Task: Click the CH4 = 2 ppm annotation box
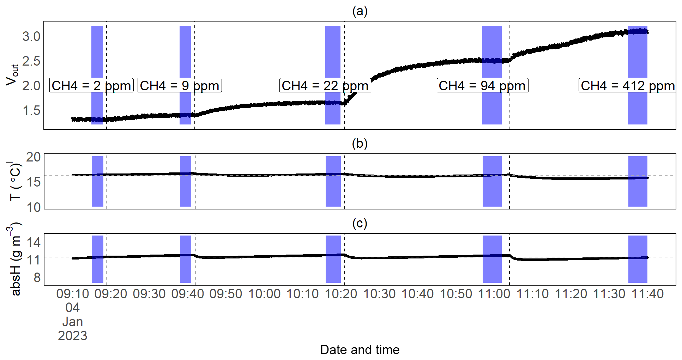click(x=91, y=85)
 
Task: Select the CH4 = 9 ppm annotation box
click(x=180, y=85)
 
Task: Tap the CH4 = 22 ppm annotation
click(x=325, y=85)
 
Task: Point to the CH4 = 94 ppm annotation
click(x=482, y=85)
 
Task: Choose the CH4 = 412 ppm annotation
click(x=627, y=85)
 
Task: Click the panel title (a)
click(x=360, y=11)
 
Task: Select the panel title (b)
click(x=360, y=144)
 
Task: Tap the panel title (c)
click(x=360, y=223)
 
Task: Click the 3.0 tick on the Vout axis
click(x=31, y=36)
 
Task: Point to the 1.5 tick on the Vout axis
click(x=31, y=111)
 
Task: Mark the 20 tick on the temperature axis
click(x=34, y=157)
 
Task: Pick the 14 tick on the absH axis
click(x=34, y=242)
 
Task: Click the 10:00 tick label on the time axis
click(x=264, y=294)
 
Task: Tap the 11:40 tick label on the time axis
click(x=647, y=294)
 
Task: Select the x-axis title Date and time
click(x=360, y=350)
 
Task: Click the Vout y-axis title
click(x=12, y=75)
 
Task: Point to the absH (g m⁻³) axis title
click(x=15, y=259)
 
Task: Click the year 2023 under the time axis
click(x=72, y=336)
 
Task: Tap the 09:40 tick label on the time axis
click(x=188, y=294)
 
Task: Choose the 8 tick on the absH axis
click(x=37, y=278)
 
